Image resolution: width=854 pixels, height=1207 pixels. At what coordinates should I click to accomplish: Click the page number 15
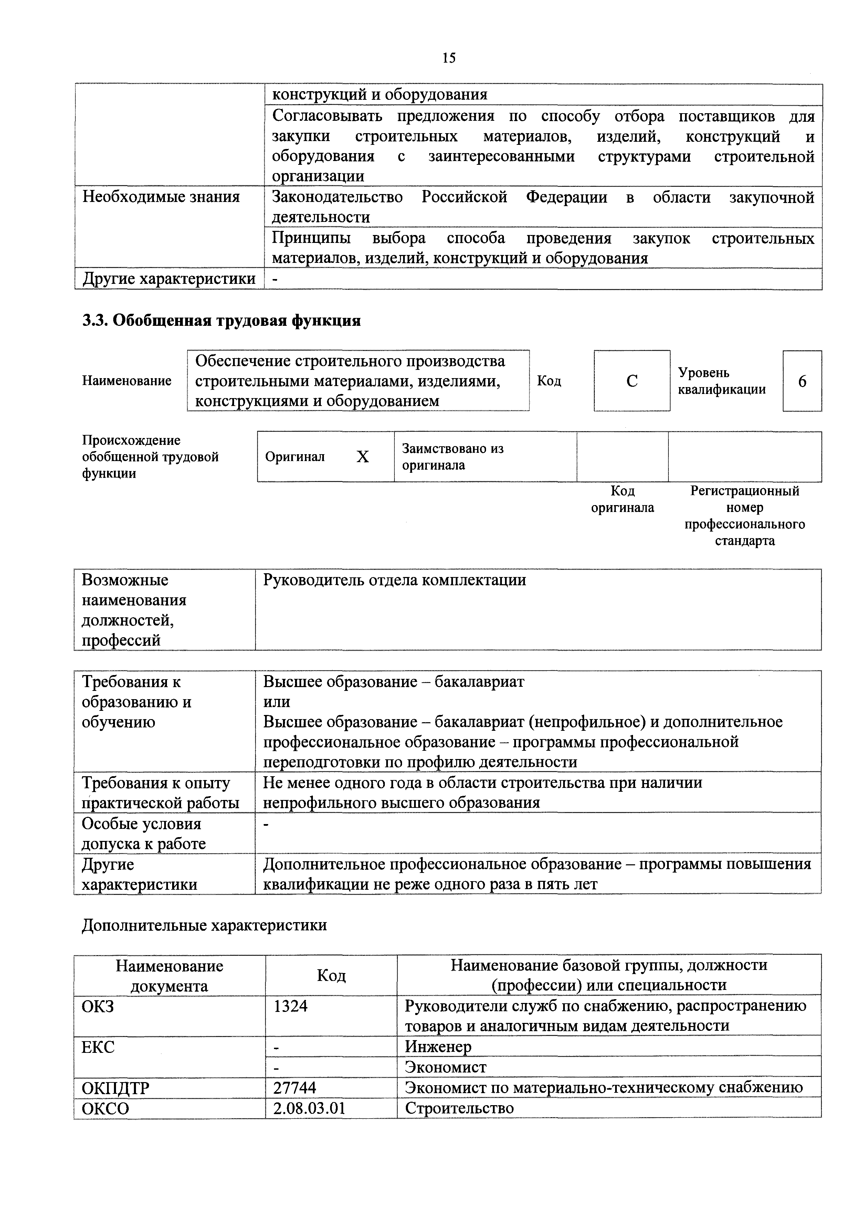tap(449, 58)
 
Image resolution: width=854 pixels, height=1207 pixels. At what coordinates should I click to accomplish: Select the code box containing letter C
tap(632, 381)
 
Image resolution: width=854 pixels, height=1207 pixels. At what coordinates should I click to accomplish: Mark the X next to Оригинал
tap(362, 457)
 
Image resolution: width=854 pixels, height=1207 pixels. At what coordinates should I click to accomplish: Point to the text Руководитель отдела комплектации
tap(394, 580)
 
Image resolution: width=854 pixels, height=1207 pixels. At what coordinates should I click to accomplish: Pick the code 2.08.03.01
tap(309, 1108)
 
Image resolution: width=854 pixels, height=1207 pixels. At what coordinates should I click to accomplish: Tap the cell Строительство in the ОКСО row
tap(459, 1108)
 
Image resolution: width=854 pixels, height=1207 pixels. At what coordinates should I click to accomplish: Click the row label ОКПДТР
tap(116, 1088)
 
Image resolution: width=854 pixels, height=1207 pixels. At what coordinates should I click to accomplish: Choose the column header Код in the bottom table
tap(331, 976)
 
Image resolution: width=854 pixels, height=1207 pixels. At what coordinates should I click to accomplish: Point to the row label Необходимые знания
tap(161, 197)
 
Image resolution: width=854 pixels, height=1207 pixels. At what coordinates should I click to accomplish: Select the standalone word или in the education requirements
tap(277, 702)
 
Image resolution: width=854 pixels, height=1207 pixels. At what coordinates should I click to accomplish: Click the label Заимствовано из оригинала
tap(452, 457)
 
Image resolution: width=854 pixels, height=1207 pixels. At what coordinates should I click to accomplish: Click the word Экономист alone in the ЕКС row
tap(445, 1067)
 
